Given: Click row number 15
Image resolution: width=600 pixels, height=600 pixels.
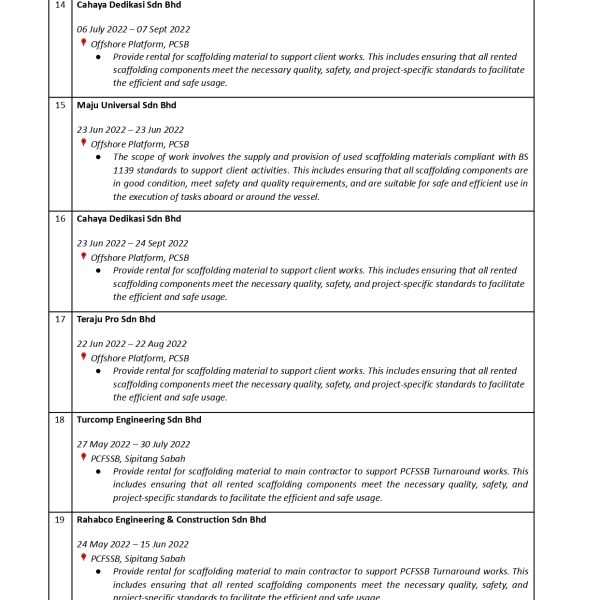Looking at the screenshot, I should click(60, 105).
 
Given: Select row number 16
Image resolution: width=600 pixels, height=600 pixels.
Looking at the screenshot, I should click(60, 219).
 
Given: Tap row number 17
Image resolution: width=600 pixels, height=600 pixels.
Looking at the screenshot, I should click(60, 319).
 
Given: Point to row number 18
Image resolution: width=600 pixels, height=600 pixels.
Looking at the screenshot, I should click(60, 420).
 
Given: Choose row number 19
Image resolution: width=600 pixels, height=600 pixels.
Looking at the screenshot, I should click(60, 520).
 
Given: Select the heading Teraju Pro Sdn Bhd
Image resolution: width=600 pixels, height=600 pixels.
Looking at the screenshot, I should click(116, 319).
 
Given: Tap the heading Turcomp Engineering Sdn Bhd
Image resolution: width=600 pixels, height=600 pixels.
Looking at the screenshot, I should click(139, 420).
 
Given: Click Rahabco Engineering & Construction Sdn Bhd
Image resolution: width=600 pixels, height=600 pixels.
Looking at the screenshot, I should click(171, 520).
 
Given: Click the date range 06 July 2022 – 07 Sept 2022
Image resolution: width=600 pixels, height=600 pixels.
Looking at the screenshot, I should click(133, 30).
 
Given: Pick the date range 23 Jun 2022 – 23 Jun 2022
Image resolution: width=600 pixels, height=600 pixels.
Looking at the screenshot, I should click(130, 130).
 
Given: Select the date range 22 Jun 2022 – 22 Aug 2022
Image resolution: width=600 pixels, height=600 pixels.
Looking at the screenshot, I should click(131, 344).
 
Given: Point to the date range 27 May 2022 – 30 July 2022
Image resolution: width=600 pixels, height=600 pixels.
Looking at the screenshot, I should click(133, 444).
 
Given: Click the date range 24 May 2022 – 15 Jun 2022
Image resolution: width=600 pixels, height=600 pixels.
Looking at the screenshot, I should click(132, 544).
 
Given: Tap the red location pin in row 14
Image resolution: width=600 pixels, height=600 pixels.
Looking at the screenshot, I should click(84, 43).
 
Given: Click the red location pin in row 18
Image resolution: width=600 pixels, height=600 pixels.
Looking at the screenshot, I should click(84, 457).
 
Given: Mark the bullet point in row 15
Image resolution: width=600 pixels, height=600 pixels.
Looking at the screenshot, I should click(98, 157).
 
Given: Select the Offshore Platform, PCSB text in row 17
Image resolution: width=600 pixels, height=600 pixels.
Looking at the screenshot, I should click(139, 358).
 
